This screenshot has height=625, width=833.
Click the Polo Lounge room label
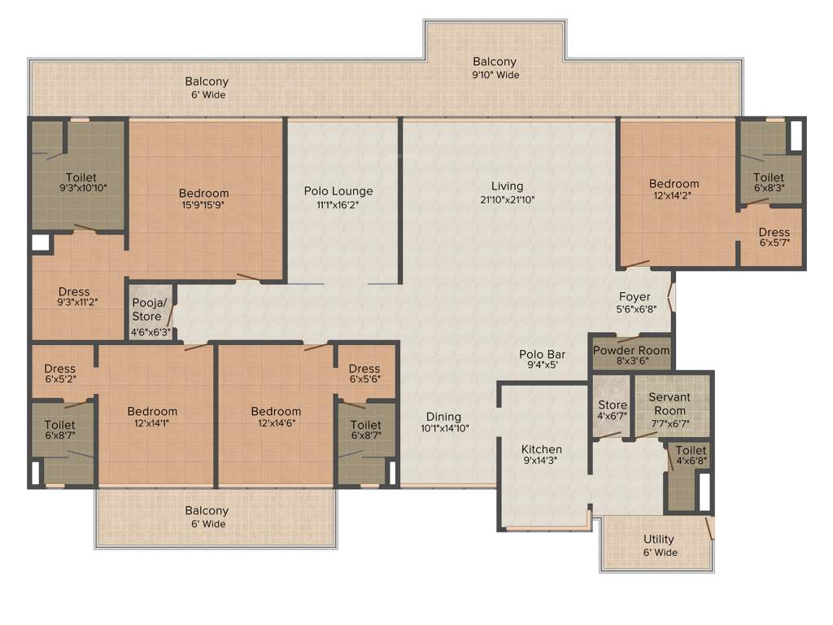click(338, 192)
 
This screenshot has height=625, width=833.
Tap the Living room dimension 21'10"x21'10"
click(507, 200)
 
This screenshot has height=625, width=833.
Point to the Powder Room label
click(631, 351)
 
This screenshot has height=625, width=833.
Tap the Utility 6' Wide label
click(659, 546)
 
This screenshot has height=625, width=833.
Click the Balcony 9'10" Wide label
click(495, 68)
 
